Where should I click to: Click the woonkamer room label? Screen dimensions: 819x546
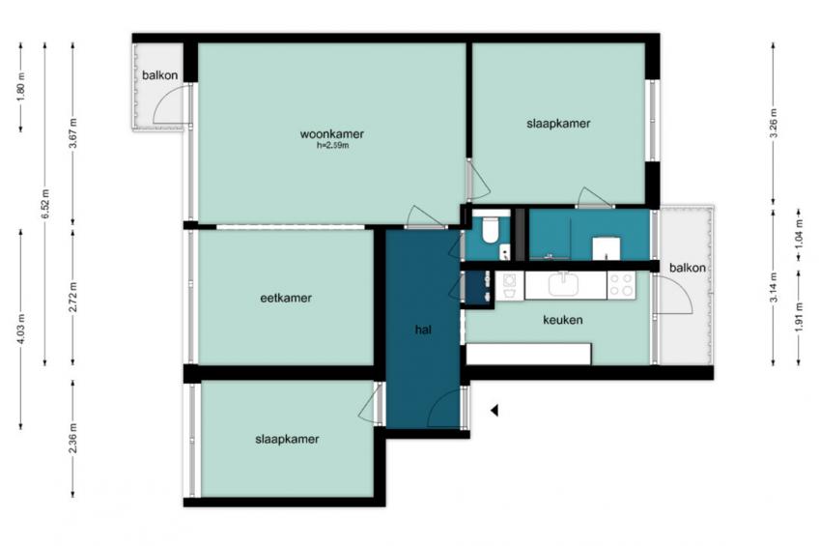[331, 133]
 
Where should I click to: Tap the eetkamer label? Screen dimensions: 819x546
[286, 298]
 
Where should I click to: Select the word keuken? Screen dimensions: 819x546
[562, 320]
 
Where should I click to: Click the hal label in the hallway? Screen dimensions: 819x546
[423, 330]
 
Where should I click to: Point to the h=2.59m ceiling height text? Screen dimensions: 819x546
[332, 146]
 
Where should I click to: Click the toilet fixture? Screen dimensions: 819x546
[490, 228]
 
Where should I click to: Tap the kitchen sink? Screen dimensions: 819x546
[564, 284]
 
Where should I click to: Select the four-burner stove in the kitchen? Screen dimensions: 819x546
[622, 285]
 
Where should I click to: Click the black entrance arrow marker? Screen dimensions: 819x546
[494, 411]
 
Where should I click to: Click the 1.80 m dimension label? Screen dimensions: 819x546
[21, 86]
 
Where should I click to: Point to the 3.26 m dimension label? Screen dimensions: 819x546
[774, 124]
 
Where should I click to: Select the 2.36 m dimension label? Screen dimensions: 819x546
[72, 439]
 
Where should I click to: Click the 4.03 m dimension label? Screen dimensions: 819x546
[21, 329]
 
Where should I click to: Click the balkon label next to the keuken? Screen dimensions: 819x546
[688, 268]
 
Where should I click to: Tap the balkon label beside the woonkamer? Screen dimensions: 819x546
[159, 75]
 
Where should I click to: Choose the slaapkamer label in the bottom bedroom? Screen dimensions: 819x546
[287, 440]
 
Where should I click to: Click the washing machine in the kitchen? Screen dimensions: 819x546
[509, 285]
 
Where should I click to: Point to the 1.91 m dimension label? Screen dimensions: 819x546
[798, 317]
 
